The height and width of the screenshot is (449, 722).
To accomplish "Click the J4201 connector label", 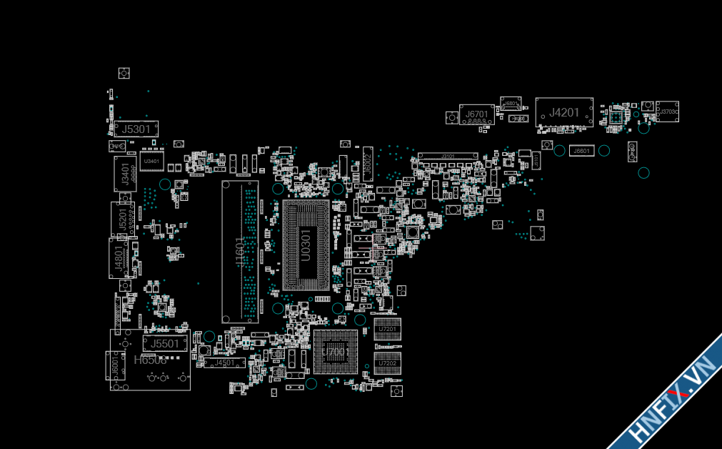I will click(564, 112).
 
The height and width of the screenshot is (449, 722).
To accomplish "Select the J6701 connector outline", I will click(477, 114).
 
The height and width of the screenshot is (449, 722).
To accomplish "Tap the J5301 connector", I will click(136, 129).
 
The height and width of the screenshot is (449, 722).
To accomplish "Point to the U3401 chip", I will click(151, 162).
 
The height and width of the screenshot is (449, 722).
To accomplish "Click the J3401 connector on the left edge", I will click(124, 173).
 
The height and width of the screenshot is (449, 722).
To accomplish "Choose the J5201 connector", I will click(122, 219).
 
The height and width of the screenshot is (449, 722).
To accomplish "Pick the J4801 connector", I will click(119, 259).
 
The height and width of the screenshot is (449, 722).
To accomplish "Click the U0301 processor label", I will click(306, 245).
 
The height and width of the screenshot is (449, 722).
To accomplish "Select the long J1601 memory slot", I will click(239, 252).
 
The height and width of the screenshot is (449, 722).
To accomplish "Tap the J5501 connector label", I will click(165, 344).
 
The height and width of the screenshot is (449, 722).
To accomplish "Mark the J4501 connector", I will click(224, 363).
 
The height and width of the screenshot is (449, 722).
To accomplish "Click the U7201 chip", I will click(388, 329).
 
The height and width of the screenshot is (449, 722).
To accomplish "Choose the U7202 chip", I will click(388, 362).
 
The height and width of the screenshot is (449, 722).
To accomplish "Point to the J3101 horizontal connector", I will click(448, 156).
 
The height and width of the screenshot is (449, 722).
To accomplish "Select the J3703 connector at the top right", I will click(667, 112).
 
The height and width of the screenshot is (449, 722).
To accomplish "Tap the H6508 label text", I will click(150, 360).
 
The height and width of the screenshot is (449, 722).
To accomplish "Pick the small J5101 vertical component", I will click(536, 160).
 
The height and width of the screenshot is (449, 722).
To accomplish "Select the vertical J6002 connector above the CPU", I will click(367, 162).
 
